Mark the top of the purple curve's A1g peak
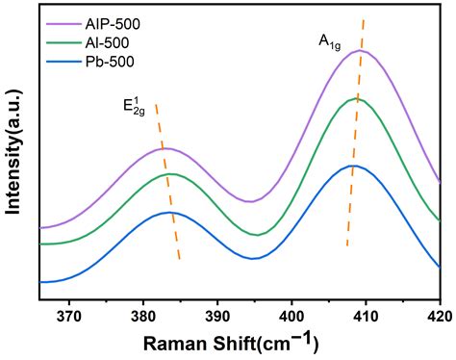362,50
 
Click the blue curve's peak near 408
352,166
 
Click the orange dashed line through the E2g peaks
167,183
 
